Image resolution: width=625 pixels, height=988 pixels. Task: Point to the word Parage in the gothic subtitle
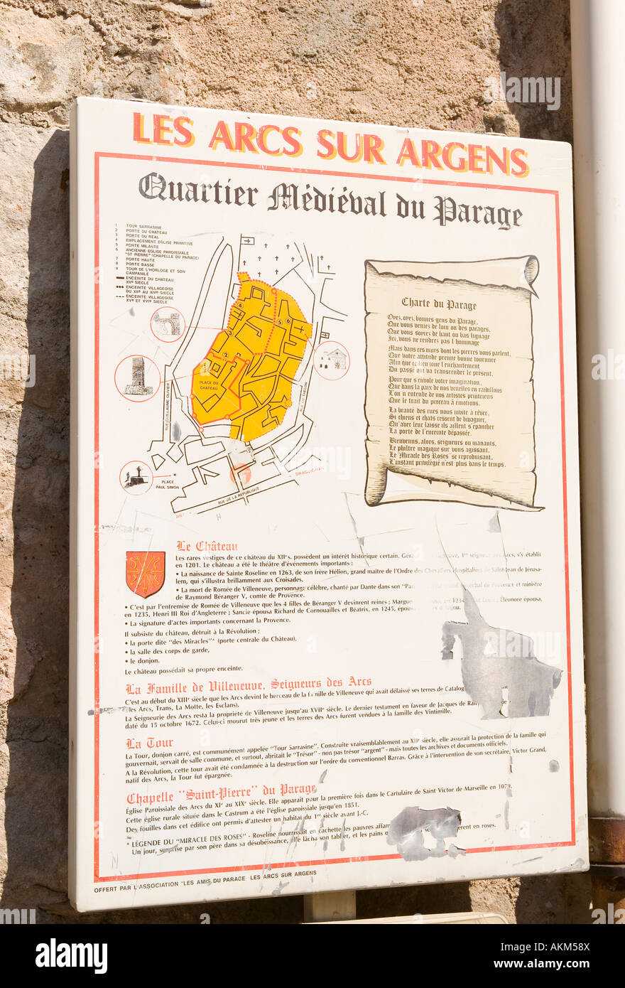[477, 211]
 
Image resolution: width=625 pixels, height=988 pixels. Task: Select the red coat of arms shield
[145, 574]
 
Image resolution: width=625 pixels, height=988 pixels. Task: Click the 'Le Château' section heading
[207, 547]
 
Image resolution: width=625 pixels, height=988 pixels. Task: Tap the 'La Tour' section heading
[149, 743]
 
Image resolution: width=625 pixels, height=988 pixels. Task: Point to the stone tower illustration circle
[137, 377]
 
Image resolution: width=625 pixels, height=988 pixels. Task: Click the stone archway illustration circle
[168, 324]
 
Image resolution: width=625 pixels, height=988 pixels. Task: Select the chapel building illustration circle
[332, 360]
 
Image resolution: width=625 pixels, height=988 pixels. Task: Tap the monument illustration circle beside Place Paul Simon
[136, 478]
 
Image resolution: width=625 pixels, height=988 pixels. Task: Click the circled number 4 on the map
[241, 305]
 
